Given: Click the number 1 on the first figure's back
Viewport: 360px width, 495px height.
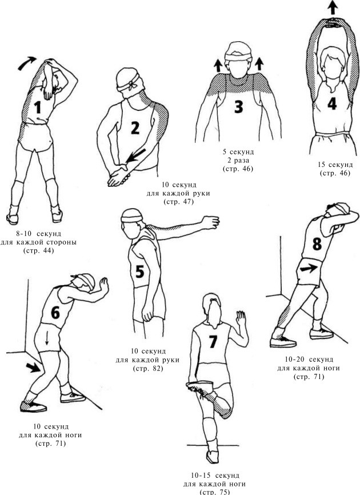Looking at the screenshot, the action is coord(38,107).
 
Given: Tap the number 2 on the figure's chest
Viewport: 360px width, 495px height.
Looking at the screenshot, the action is coord(135,128).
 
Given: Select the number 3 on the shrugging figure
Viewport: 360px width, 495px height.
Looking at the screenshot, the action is coord(238,106).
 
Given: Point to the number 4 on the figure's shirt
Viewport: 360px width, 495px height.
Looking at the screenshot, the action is coord(332,103).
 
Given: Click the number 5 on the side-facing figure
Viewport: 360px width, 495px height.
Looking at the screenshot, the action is coord(139,271).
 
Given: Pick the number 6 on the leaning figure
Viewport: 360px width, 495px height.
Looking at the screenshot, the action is coord(55,313).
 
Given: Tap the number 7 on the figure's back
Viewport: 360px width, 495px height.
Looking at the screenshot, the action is coord(213,341).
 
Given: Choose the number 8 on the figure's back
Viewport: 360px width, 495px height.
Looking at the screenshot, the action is coord(317,243).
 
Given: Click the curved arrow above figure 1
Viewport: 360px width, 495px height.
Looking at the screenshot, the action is coord(26,62).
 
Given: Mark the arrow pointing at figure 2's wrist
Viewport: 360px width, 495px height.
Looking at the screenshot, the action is coord(135,155).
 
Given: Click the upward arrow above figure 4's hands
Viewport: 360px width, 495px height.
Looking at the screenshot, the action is coord(333,7).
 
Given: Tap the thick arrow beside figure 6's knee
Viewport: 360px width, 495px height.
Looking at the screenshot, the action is coord(33,368).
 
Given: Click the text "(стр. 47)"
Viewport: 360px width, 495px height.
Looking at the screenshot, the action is coord(178,202).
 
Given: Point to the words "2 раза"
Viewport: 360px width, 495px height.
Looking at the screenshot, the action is coord(238,161).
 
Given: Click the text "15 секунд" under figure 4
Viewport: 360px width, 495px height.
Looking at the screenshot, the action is coord(335,165).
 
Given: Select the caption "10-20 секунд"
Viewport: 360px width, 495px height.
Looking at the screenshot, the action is coord(309,360).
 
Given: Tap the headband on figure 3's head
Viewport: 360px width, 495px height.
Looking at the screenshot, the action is coord(238,57).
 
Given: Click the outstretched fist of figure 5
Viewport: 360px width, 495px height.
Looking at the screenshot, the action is coord(211,222).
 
